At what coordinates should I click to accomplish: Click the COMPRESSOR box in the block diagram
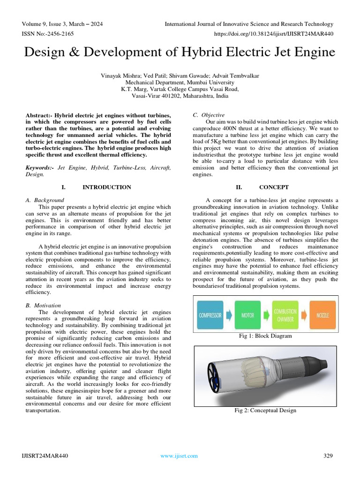(210, 315)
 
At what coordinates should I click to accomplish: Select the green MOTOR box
(247, 315)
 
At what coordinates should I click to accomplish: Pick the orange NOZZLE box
(322, 315)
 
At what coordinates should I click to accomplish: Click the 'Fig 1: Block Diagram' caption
(265, 336)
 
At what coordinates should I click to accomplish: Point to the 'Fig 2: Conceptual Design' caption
(265, 411)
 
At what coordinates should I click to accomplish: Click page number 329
(328, 456)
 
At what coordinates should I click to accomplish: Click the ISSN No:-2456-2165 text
(48, 34)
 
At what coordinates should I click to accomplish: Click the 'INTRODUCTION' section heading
(107, 187)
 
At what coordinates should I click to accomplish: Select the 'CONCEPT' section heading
(274, 187)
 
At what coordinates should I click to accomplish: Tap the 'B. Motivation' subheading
(43, 305)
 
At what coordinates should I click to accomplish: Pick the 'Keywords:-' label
(40, 167)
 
